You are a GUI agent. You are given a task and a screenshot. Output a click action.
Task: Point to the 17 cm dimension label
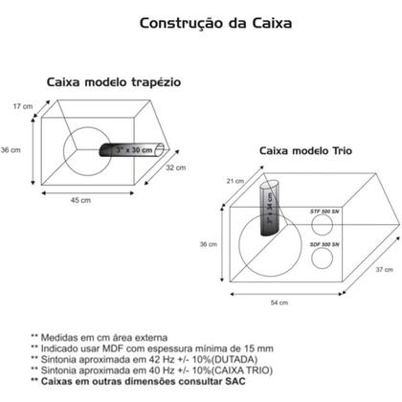click(21, 105)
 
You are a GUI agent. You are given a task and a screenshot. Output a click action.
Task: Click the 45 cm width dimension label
click(80, 201)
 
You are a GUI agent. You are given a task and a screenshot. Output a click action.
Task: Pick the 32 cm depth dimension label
click(174, 167)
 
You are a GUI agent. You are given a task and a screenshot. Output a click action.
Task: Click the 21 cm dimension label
click(205, 181)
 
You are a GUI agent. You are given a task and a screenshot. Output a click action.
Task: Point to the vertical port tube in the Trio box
click(271, 207)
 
